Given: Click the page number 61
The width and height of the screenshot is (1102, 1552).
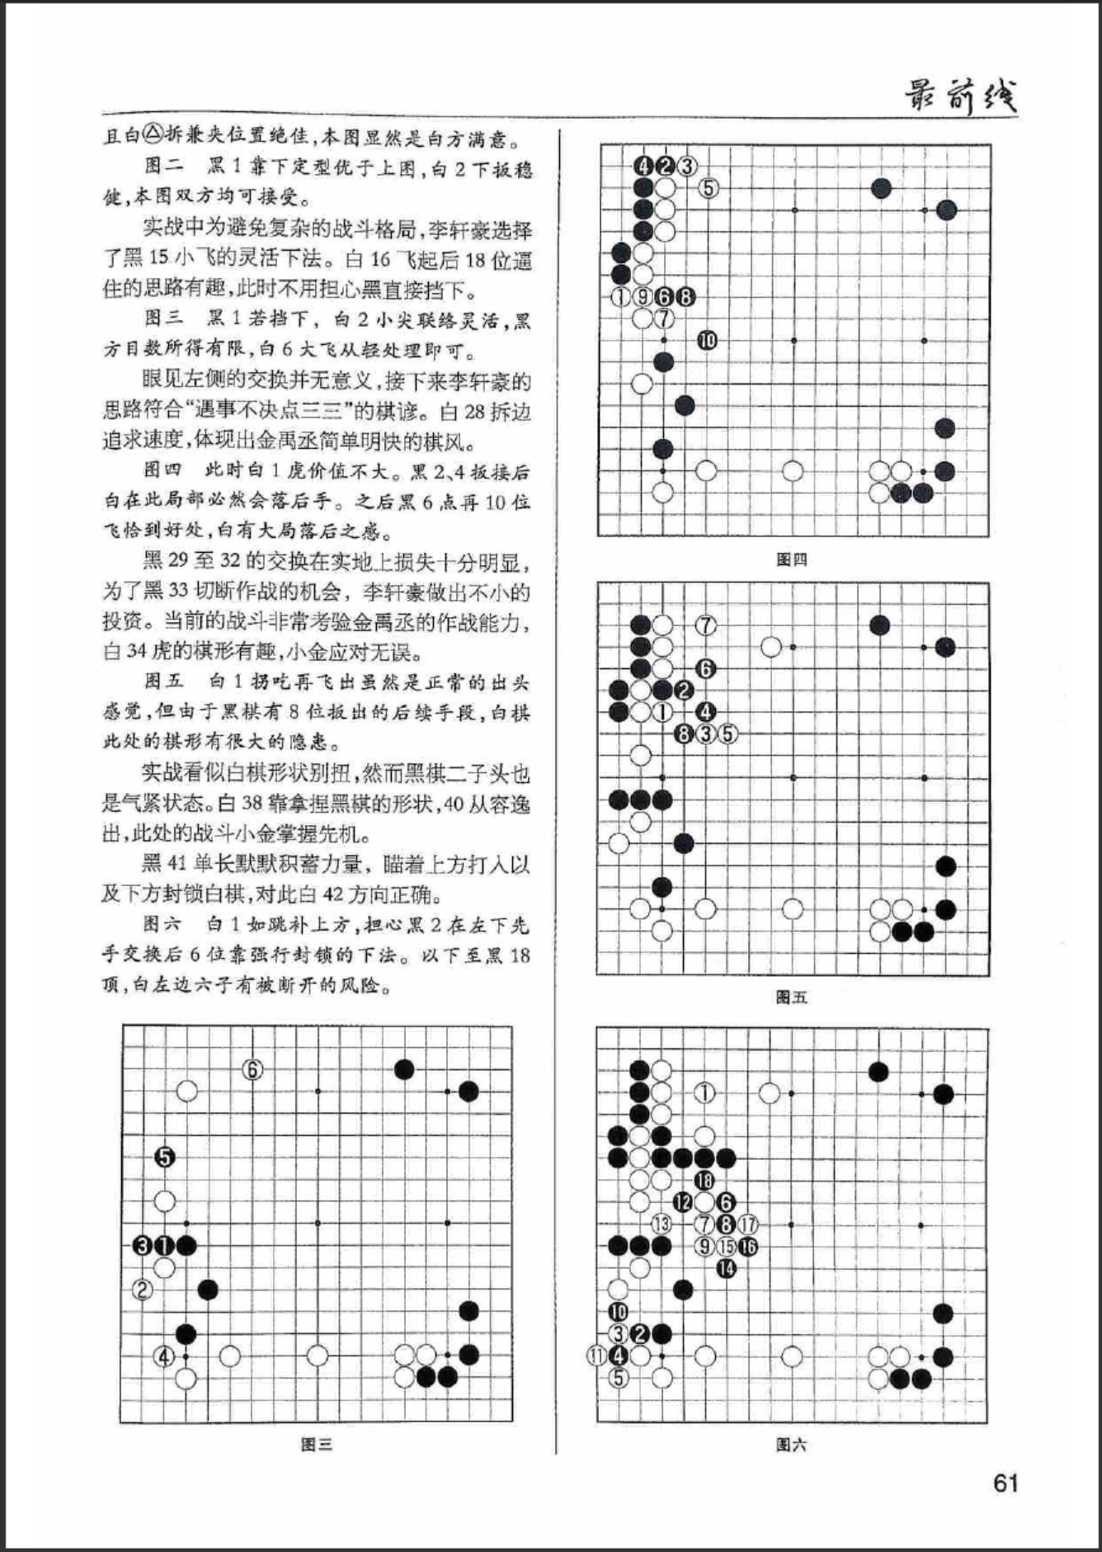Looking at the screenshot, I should point(1005,1483).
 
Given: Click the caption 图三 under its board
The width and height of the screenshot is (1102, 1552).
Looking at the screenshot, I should point(316,1444).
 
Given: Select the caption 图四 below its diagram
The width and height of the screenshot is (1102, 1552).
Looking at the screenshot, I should point(792,559).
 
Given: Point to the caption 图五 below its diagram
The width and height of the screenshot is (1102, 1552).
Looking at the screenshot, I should point(792,997).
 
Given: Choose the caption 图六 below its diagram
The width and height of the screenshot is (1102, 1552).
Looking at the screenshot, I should point(792,1444).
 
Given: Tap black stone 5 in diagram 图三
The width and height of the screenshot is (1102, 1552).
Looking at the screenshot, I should point(165,1157).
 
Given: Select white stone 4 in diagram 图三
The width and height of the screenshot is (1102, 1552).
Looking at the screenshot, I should point(165,1356).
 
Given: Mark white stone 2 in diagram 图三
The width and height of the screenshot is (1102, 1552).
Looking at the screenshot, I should point(143,1289).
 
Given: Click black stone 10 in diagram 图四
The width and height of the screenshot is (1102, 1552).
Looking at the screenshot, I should point(707,340).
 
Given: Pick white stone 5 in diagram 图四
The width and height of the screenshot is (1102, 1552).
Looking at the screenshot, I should point(708,188).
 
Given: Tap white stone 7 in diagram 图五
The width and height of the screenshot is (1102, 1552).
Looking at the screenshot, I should point(706,625).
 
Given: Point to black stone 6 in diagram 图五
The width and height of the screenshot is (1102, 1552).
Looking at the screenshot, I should point(705,668).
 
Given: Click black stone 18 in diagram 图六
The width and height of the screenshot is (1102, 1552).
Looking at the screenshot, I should point(704,1181).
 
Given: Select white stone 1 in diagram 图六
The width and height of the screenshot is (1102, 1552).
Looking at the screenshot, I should point(704,1093).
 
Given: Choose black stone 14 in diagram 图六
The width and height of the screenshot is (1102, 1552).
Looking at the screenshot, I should point(726,1268).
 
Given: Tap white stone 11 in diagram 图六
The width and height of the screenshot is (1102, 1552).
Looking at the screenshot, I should point(597,1355).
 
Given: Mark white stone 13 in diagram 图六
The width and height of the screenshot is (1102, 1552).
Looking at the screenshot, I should point(661,1224).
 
